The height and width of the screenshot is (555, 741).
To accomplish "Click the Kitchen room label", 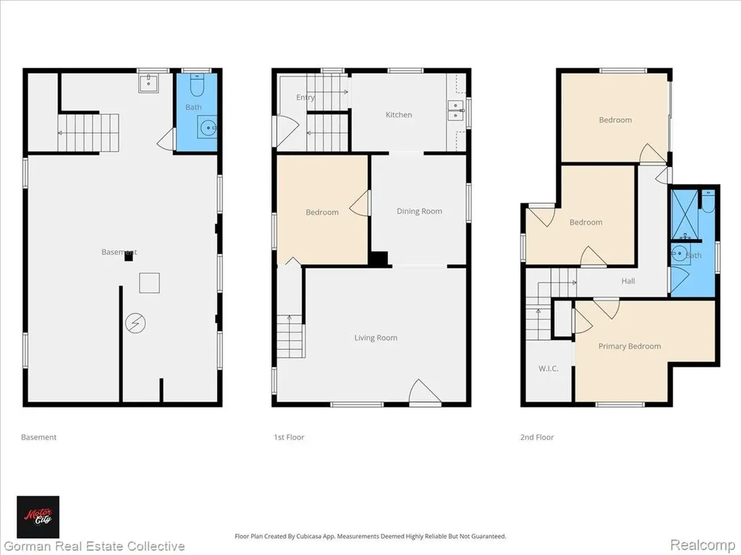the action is point(399,115).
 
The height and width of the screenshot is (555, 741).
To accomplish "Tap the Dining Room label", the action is point(419,212).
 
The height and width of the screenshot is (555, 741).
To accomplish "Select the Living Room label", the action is point(376,337).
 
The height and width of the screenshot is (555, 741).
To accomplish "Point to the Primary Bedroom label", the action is point(630,346).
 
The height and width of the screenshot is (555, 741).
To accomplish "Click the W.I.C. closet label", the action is point(549,369).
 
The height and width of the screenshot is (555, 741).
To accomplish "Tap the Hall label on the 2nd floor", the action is point(628,281).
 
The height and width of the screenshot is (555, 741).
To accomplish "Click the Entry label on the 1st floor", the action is point(305,98).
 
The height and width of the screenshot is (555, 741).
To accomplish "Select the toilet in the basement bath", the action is point(197,85).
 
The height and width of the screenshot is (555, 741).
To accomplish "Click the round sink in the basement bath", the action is point(208,127).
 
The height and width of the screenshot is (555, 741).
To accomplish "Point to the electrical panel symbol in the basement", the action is point(135,323).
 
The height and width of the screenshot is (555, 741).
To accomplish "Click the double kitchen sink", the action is point(456,111).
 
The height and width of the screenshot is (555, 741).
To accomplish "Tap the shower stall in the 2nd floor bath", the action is point(685,214).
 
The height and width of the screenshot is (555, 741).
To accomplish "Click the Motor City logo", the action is point(38,517).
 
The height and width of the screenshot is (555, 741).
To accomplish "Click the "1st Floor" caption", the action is point(289,437).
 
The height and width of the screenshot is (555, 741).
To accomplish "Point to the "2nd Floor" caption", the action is point(537,437).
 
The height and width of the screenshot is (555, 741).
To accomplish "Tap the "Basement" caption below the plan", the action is point(39,437).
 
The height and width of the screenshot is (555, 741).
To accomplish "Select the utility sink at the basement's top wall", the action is point(149,82).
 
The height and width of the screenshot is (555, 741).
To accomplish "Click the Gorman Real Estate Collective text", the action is point(93,546).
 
